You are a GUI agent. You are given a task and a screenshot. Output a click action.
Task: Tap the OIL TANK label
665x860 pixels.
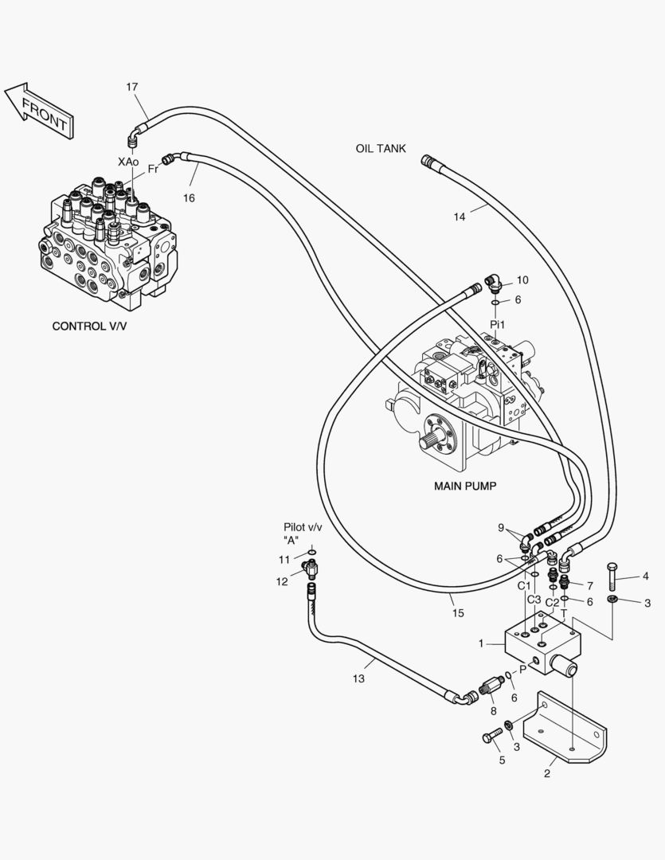pyautogui.click(x=381, y=149)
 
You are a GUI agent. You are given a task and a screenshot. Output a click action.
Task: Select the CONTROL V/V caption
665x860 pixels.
pyautogui.click(x=89, y=326)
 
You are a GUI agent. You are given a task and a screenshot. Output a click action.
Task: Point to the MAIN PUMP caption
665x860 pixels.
pyautogui.click(x=465, y=486)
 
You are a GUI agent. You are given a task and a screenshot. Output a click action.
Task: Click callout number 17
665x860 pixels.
pyautogui.click(x=131, y=87)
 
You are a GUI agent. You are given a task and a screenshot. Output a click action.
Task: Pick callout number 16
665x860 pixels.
pyautogui.click(x=189, y=198)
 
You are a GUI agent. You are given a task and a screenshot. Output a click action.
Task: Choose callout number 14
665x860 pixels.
pyautogui.click(x=460, y=217)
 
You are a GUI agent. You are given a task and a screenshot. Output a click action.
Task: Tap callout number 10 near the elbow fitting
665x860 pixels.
pyautogui.click(x=522, y=280)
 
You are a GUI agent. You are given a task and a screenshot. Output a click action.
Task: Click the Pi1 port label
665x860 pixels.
pyautogui.click(x=497, y=325)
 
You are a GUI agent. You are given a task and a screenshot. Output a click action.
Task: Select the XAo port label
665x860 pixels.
pyautogui.click(x=128, y=162)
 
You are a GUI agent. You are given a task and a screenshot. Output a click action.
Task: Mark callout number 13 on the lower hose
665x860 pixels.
pyautogui.click(x=358, y=679)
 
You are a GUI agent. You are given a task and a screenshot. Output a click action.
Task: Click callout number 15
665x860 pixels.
pyautogui.click(x=458, y=613)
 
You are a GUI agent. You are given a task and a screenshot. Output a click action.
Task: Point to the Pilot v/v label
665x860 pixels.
pyautogui.click(x=303, y=528)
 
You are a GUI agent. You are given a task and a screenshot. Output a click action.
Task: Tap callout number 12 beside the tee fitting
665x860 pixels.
pyautogui.click(x=282, y=582)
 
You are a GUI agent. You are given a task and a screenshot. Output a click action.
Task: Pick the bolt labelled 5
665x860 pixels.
pyautogui.click(x=493, y=735)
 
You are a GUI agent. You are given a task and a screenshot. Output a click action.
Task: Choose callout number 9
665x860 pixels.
pyautogui.click(x=501, y=528)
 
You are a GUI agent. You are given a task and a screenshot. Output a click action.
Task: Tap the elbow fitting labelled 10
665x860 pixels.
pyautogui.click(x=493, y=283)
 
